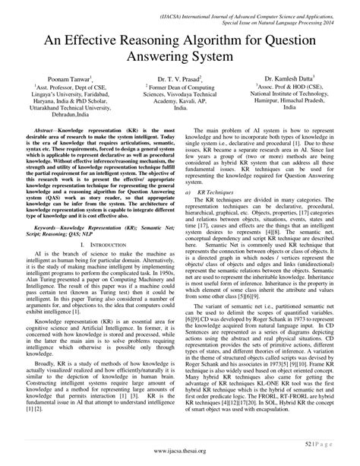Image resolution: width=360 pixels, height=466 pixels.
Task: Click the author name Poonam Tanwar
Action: (65, 79)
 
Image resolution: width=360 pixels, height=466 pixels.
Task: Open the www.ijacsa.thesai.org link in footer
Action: (179, 450)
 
